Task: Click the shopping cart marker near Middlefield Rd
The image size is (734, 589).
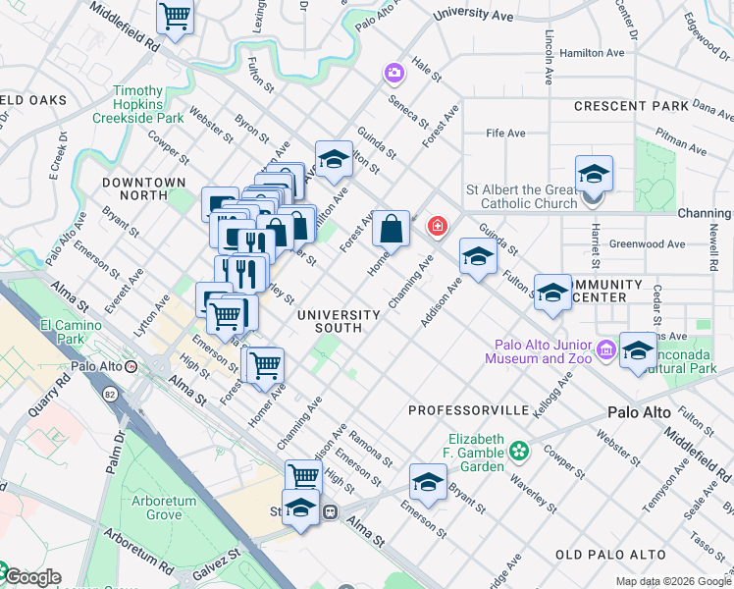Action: tap(175, 16)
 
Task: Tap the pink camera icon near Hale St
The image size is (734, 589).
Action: tap(393, 74)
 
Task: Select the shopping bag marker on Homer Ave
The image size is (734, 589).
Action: tap(391, 229)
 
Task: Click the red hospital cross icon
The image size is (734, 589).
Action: tap(436, 227)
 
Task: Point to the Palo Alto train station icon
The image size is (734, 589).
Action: tap(131, 366)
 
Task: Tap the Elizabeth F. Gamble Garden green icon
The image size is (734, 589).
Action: tap(518, 452)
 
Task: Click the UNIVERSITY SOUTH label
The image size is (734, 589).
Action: tap(339, 321)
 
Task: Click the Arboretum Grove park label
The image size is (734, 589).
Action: tap(170, 508)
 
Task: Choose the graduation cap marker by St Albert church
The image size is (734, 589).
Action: tap(594, 174)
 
